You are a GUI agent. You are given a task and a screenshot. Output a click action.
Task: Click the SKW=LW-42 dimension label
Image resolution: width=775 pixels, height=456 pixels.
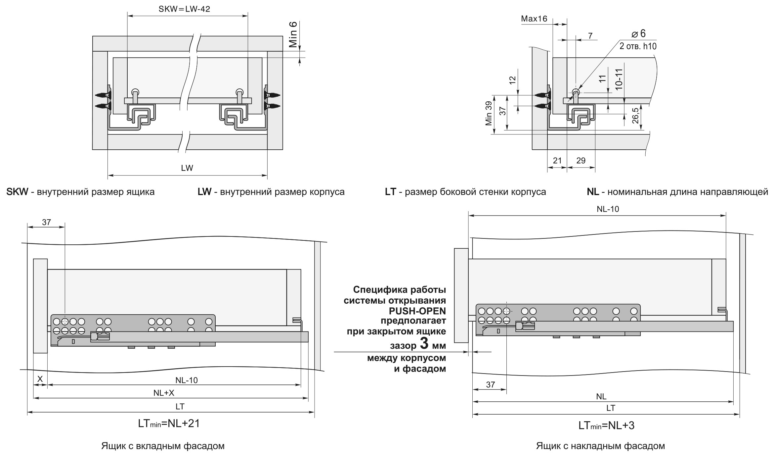[184, 9]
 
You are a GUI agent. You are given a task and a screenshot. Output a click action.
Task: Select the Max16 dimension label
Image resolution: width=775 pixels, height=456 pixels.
[534, 19]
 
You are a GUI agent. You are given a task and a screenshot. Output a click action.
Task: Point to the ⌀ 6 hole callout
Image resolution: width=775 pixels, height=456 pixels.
[638, 33]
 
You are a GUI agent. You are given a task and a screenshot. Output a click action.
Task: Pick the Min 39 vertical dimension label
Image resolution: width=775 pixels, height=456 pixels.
[489, 114]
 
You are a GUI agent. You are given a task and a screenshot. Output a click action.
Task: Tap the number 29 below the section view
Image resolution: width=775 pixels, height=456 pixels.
[581, 161]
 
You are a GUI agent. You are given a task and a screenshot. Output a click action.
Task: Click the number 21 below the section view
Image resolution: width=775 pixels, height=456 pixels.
[557, 161]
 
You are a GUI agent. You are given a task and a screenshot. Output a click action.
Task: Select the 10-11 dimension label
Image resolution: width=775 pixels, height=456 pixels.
[619, 79]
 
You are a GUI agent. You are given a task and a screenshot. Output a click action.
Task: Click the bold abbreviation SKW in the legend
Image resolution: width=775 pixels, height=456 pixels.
[17, 192]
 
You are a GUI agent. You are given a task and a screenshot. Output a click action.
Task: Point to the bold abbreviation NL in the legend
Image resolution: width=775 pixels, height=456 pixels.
[593, 192]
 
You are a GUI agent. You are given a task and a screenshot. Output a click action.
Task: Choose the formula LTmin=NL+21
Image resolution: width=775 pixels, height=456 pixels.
[169, 424]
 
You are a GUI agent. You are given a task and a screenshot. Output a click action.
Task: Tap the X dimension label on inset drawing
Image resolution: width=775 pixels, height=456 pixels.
[40, 379]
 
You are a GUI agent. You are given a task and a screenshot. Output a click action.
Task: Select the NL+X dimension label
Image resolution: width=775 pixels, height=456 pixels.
[164, 393]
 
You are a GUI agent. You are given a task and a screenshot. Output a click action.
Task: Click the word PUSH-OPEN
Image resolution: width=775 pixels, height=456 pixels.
[417, 311]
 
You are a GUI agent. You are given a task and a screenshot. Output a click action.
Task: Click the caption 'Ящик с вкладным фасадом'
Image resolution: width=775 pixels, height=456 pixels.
[163, 446]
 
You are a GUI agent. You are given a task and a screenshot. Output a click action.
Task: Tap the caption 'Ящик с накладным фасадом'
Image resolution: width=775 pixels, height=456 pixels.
[600, 446]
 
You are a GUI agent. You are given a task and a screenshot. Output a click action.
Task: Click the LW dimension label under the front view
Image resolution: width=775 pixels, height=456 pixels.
[187, 168]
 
